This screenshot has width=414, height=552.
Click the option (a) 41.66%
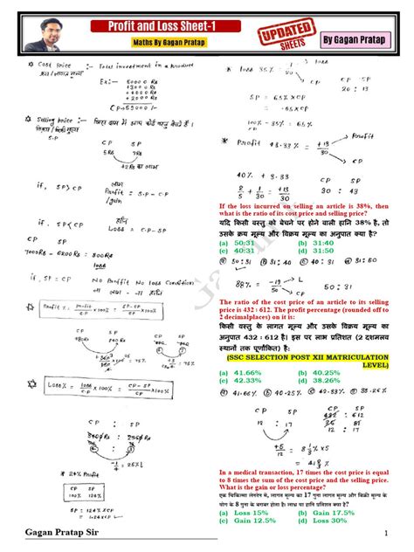[x=244, y=372]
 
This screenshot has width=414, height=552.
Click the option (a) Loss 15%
[x=246, y=513]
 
